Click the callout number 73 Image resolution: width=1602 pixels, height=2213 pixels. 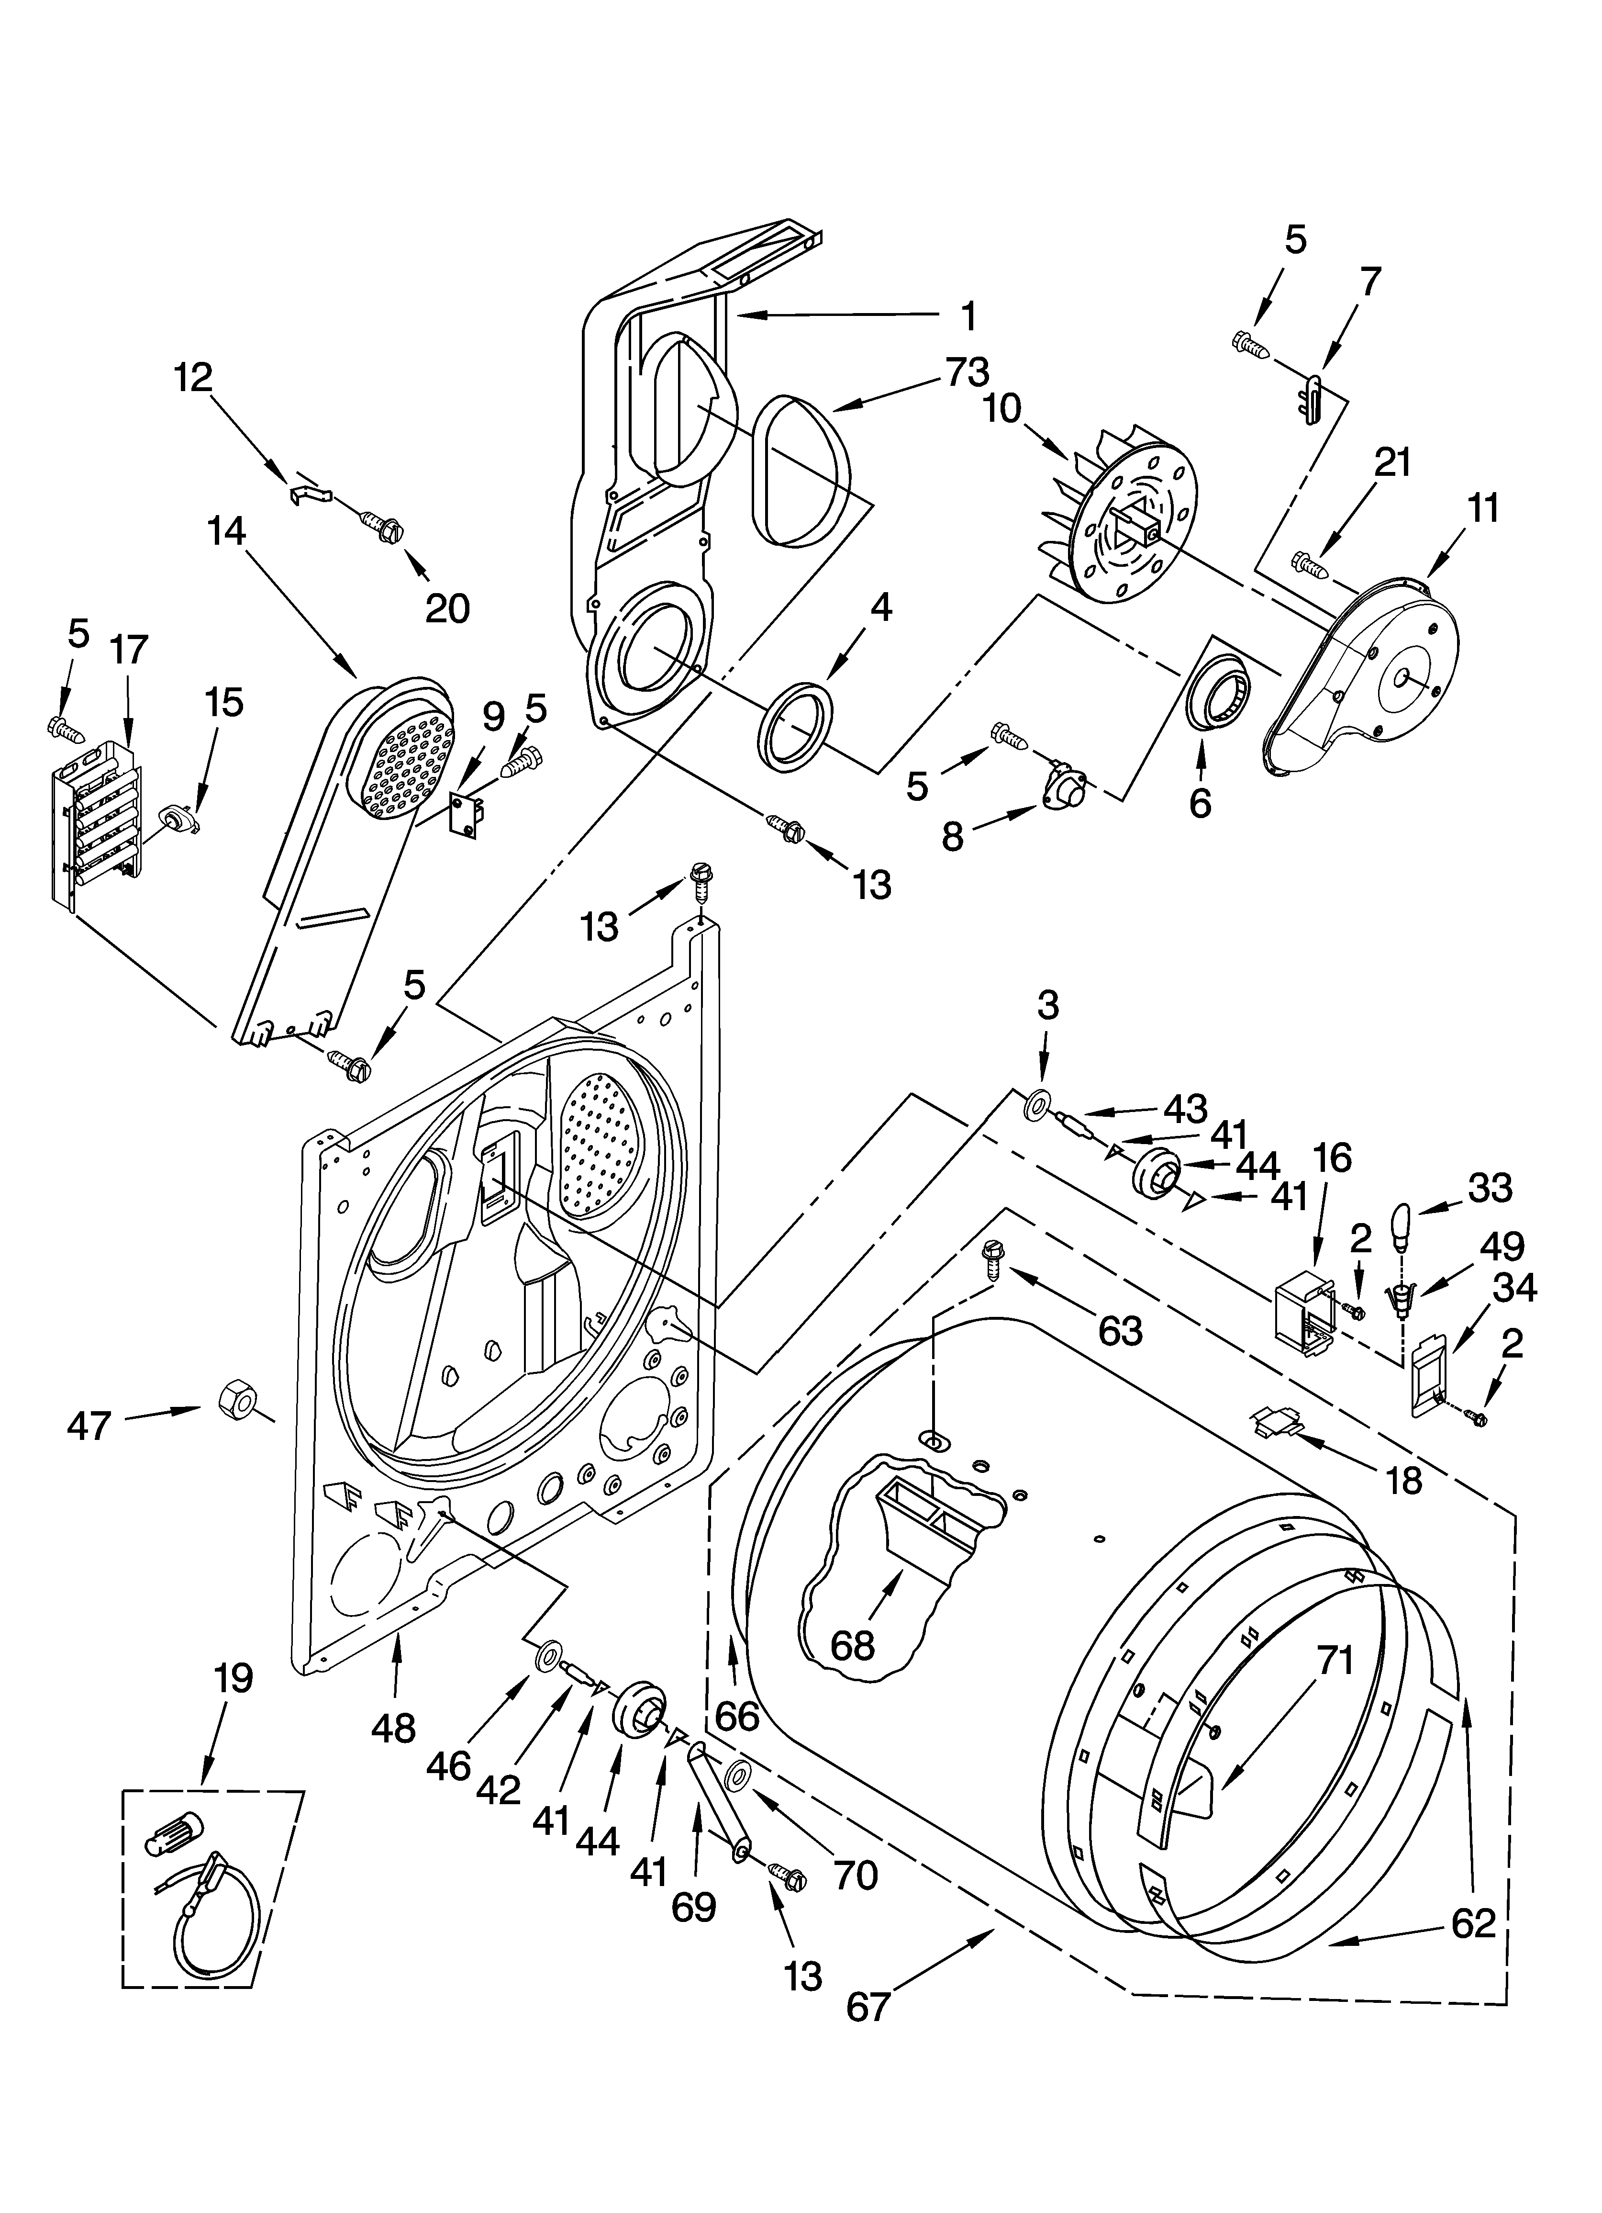click(966, 372)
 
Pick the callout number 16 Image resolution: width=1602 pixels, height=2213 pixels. click(1333, 1158)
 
